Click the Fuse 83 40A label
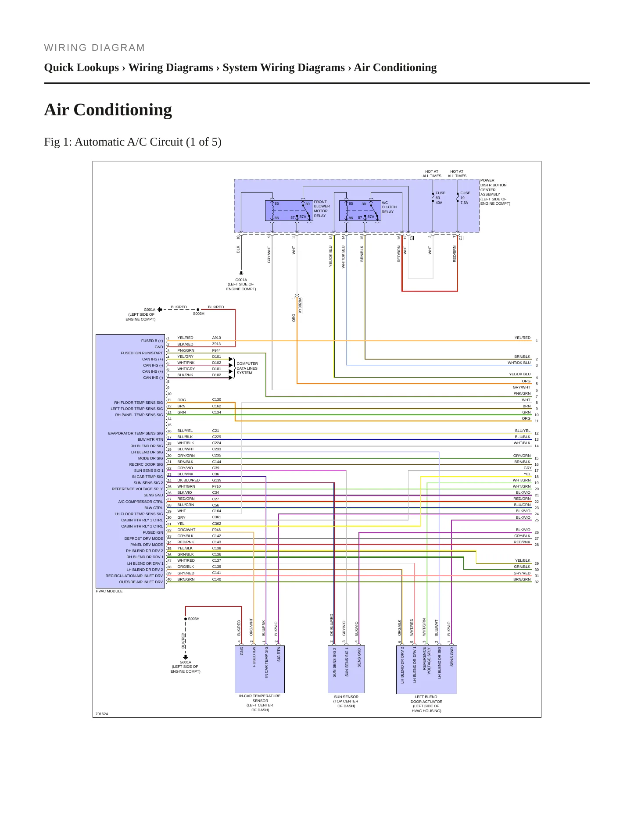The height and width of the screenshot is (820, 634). tap(440, 198)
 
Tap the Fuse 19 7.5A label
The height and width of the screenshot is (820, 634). tap(465, 198)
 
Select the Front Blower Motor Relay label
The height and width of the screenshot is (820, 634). tap(322, 209)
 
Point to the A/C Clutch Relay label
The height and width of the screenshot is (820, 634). tap(389, 207)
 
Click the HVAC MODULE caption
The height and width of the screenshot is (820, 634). tap(109, 591)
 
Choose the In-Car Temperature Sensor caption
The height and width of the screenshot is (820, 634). tap(260, 703)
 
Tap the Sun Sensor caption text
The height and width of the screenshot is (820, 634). tap(346, 702)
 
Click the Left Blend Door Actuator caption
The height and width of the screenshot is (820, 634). tap(426, 704)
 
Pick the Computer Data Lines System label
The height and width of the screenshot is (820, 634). tap(247, 368)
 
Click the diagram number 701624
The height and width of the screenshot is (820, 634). tap(102, 714)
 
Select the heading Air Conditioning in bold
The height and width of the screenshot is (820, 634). tap(108, 110)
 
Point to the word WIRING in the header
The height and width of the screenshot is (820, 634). tap(64, 48)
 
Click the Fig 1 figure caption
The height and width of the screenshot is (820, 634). tap(133, 142)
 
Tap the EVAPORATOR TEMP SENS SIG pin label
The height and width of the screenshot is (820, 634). tap(136, 433)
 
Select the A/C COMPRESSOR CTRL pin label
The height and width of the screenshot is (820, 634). tap(140, 502)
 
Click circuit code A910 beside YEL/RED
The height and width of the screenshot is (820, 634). tap(217, 338)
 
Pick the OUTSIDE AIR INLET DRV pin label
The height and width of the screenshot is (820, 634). tap(141, 582)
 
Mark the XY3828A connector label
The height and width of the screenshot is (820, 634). tap(300, 305)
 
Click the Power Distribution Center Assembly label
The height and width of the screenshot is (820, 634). tap(495, 192)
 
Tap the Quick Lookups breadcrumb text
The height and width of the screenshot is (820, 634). tap(82, 68)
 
